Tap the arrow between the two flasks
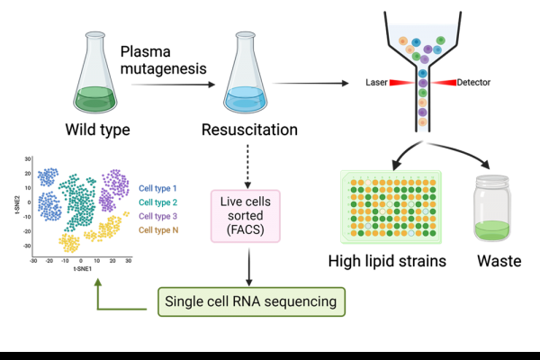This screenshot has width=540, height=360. click(x=173, y=85)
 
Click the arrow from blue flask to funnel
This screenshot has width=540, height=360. click(x=310, y=85)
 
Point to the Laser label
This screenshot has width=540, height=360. click(x=376, y=83)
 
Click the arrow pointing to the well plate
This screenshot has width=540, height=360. click(x=404, y=153)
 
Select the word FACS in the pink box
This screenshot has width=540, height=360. click(x=243, y=230)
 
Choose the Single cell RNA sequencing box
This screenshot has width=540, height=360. click(x=251, y=301)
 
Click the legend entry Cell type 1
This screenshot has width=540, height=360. click(x=157, y=188)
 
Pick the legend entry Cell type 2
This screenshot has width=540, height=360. click(x=157, y=202)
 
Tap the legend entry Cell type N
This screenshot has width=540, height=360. click(x=157, y=230)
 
